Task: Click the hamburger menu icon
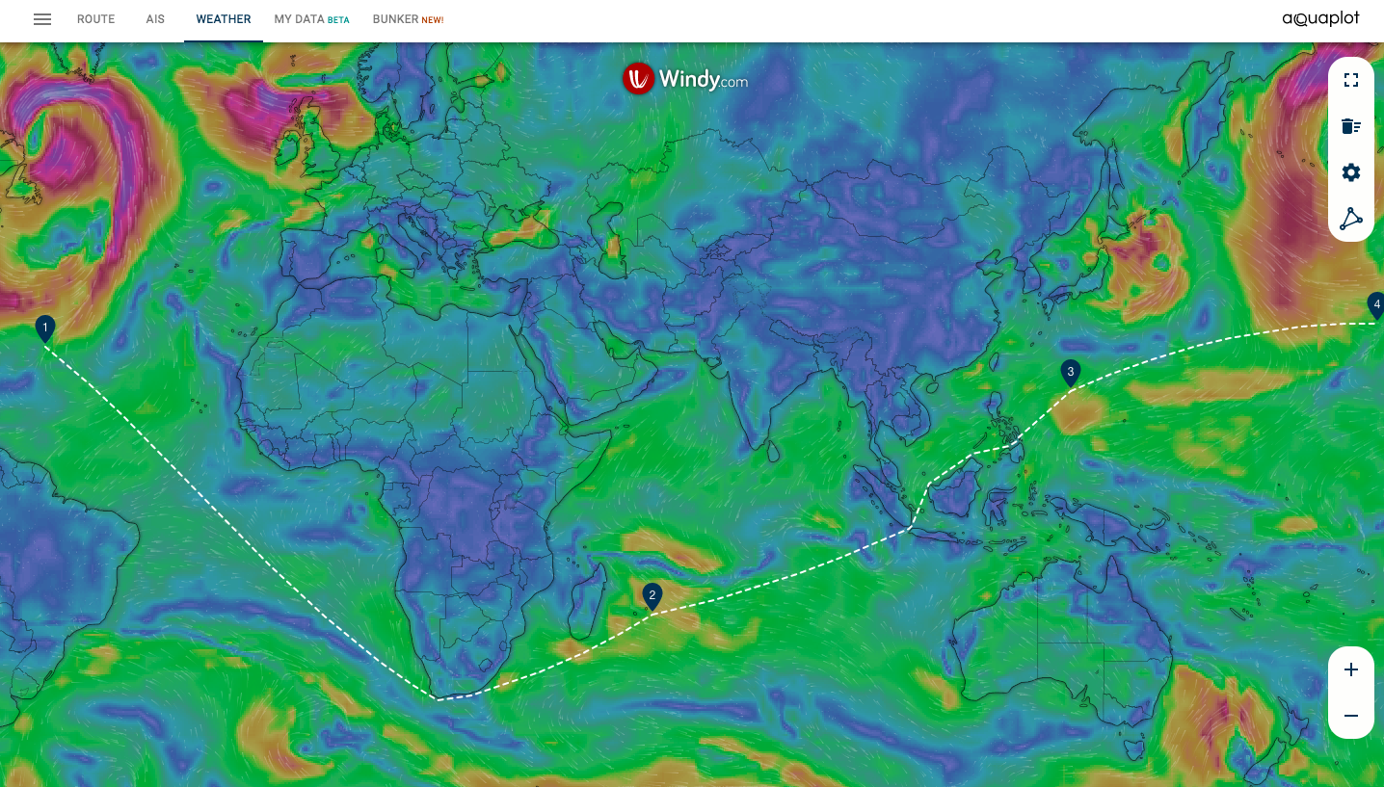tap(42, 19)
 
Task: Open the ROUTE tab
tap(95, 19)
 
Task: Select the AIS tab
tap(155, 19)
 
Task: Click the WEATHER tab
tap(223, 19)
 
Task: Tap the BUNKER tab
tap(396, 19)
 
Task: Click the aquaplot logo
tap(1320, 19)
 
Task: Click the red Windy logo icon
tap(638, 79)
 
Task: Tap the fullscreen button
tap(1351, 80)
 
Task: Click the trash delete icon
tap(1351, 126)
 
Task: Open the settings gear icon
tap(1351, 172)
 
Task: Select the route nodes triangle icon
tap(1351, 219)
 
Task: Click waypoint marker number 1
tap(44, 328)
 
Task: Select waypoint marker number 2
tap(652, 596)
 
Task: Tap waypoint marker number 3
tap(1070, 372)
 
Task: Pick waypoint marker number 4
tap(1376, 305)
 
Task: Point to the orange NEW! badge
tap(433, 20)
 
